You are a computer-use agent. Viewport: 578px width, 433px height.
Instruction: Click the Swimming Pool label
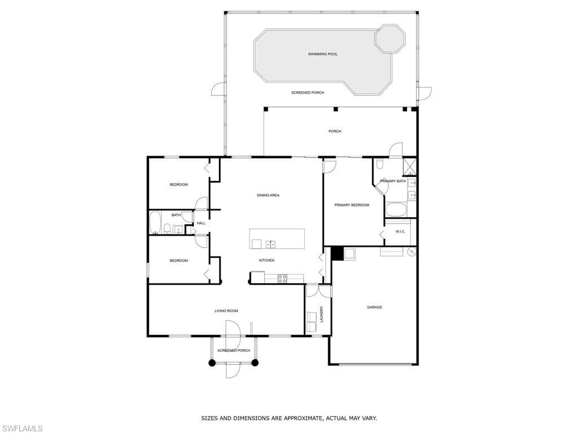click(x=322, y=54)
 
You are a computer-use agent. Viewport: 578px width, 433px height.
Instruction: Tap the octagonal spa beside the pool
click(x=390, y=38)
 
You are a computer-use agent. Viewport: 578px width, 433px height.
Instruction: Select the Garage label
click(x=374, y=307)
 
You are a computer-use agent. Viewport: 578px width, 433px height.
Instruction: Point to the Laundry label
click(x=321, y=314)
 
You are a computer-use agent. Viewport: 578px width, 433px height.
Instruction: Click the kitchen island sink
click(x=270, y=245)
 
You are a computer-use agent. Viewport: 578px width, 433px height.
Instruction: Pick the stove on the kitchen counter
click(x=282, y=279)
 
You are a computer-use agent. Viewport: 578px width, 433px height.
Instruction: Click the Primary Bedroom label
click(x=352, y=205)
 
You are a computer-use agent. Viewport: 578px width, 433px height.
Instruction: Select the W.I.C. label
click(x=400, y=232)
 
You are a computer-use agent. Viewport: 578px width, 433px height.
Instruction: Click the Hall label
click(x=201, y=223)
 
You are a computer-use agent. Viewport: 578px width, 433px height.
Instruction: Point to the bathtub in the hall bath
click(x=155, y=222)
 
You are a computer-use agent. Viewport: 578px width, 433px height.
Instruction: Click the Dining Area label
click(x=268, y=195)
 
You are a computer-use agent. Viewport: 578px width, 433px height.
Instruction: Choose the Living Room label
click(x=226, y=311)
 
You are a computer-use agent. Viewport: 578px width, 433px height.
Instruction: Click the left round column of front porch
click(x=212, y=363)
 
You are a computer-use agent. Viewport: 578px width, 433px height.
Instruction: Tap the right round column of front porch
click(x=255, y=363)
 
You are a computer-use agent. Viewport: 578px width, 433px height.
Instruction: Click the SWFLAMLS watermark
click(x=21, y=428)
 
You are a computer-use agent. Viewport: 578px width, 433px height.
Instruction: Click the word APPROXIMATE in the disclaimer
click(x=301, y=418)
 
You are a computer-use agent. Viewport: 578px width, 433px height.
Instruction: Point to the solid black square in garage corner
click(x=337, y=254)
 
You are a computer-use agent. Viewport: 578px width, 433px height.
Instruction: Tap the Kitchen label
click(x=266, y=260)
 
